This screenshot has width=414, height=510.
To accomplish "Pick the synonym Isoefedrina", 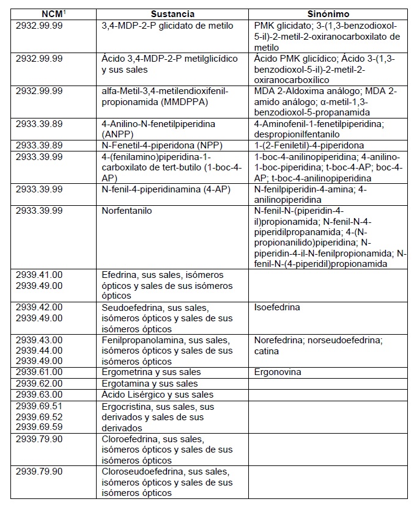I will (x=277, y=307).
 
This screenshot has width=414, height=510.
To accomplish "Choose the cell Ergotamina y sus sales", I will (x=150, y=384).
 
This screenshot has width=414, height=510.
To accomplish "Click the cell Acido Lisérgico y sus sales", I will (x=157, y=395).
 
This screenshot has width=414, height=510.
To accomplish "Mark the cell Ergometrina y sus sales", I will (x=151, y=372).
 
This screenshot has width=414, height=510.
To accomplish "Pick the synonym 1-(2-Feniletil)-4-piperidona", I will (x=309, y=145).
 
